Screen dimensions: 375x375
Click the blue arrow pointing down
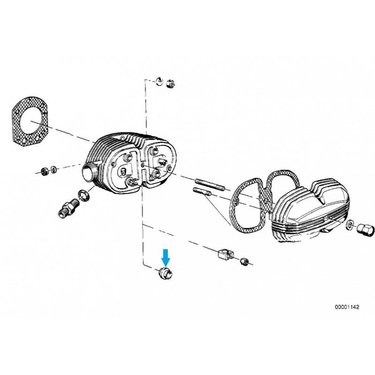pos(165,257)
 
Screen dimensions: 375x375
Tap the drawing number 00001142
pos(347,307)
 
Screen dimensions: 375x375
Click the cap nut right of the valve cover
pos(363,229)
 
